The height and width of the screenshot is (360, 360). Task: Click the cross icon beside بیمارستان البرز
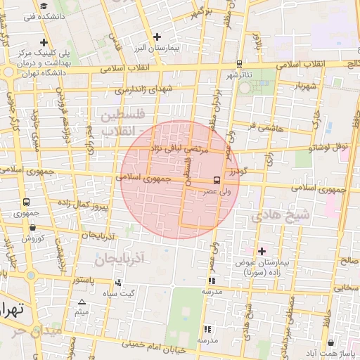(x=157, y=37)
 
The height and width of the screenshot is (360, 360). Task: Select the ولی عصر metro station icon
(x=216, y=180)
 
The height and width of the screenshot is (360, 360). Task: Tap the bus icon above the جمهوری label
(x=26, y=202)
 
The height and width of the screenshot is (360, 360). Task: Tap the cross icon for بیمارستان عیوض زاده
(x=262, y=251)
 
